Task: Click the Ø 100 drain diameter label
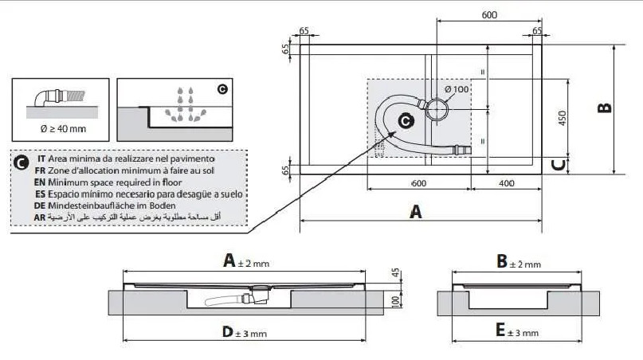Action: pos(457,89)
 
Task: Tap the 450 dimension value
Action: pos(562,119)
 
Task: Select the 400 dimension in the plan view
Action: pos(506,183)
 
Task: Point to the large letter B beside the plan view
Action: pos(605,107)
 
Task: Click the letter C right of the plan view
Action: pos(560,165)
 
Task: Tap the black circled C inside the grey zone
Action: pos(405,121)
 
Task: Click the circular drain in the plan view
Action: pos(437,108)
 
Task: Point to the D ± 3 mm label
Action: pos(244,332)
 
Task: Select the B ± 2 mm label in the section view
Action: pos(518,262)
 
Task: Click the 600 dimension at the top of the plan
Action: pos(489,15)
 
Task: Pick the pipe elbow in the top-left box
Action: pos(48,98)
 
